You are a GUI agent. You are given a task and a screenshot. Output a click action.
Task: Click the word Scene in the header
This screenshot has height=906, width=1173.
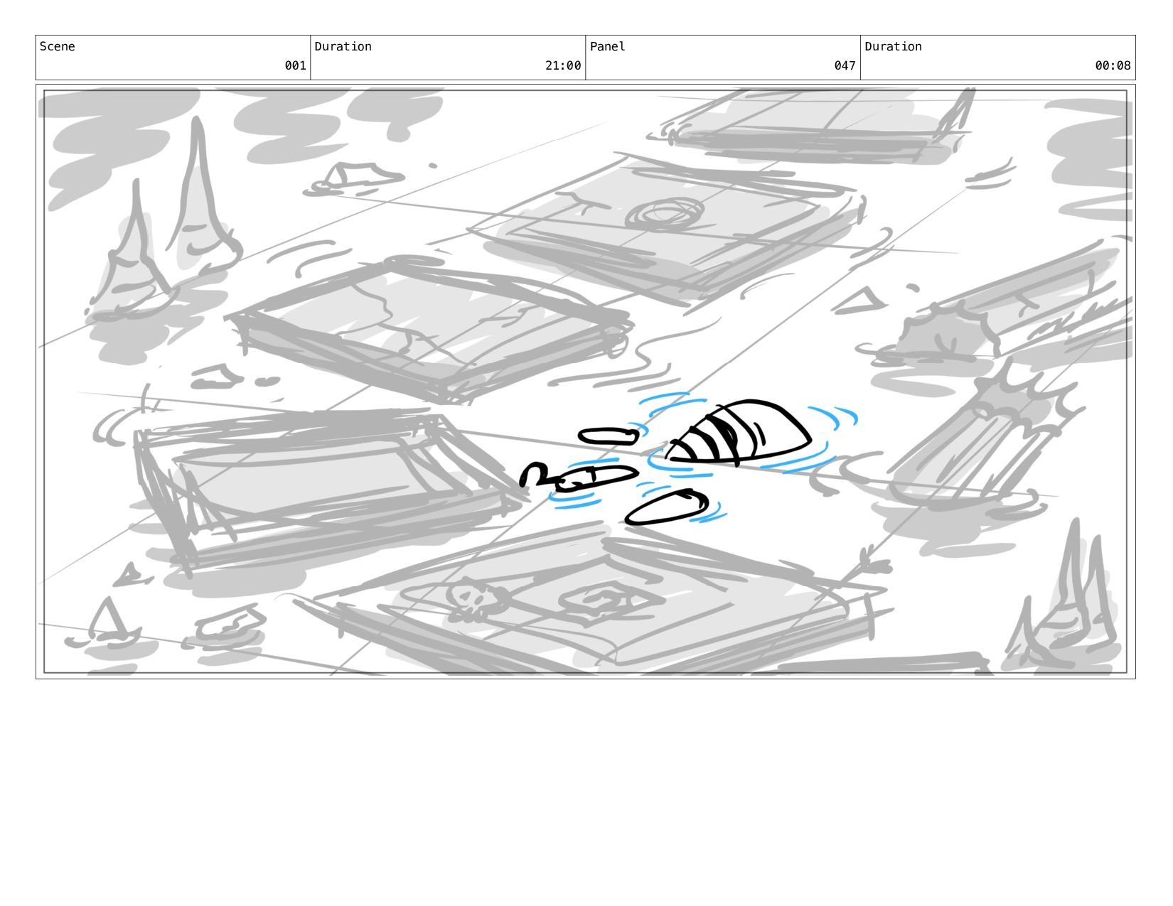[57, 46]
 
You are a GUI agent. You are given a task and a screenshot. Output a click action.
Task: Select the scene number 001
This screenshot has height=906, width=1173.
[295, 65]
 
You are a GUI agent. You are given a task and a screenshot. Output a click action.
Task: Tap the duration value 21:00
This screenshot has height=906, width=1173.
[563, 65]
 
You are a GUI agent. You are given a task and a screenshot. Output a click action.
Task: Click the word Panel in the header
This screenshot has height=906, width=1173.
[607, 46]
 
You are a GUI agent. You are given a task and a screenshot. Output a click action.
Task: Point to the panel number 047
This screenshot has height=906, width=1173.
[845, 65]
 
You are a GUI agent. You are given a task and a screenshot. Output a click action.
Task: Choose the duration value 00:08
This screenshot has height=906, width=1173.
[1113, 65]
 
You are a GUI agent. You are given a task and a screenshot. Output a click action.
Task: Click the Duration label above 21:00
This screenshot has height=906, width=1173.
[343, 46]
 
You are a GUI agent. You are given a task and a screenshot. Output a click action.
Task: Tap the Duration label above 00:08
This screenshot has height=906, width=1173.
[893, 46]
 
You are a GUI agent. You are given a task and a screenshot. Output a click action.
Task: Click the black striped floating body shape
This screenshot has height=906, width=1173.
[739, 432]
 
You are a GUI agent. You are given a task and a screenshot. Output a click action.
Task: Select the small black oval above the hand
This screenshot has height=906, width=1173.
[609, 436]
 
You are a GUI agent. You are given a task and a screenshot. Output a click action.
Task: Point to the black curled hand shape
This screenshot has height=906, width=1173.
[577, 478]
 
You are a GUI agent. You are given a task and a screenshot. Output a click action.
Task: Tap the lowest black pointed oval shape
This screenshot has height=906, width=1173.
[667, 507]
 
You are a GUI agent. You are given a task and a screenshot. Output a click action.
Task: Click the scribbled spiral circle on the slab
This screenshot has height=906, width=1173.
[665, 215]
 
